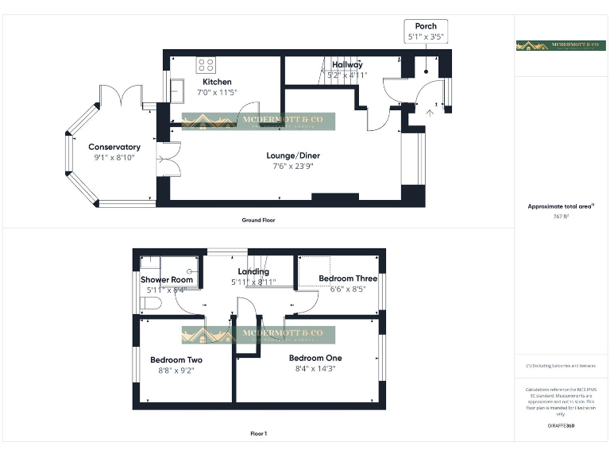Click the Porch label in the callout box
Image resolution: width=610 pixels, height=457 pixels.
point(426,26)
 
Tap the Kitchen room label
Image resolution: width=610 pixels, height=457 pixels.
point(217,82)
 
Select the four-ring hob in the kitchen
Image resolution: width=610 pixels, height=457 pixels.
point(207,64)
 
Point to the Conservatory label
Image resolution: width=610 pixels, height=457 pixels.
point(114,147)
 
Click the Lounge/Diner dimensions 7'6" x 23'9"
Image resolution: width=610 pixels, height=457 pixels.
point(290,167)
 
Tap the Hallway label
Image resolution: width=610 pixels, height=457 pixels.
point(347,64)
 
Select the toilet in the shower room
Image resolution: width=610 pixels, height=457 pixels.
point(150,305)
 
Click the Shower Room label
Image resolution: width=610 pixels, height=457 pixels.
point(167,279)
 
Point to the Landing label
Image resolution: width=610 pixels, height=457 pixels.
point(253,271)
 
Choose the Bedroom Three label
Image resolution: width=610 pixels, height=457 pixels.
point(348,278)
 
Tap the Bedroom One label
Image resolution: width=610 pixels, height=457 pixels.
point(315,358)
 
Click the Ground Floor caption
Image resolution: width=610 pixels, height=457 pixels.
point(259,220)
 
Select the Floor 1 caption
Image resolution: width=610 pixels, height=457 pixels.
point(258,433)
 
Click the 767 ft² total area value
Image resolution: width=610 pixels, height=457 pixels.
point(561,216)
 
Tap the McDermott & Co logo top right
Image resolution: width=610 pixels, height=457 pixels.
point(561,46)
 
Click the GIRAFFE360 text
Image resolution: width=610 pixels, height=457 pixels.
point(561,426)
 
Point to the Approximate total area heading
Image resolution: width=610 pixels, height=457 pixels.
point(561,206)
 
